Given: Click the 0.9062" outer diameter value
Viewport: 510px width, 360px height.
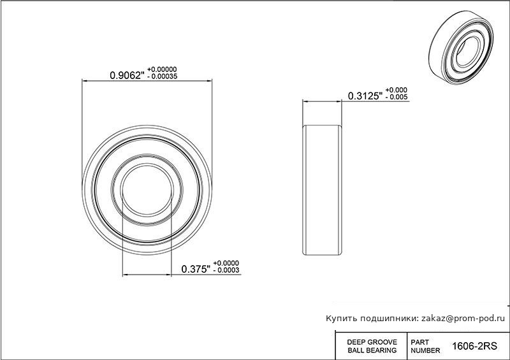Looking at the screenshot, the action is click(x=127, y=75).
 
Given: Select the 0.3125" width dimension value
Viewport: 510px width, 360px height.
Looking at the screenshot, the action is click(x=365, y=96).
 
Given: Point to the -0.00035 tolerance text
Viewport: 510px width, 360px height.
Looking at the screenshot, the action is click(x=162, y=76).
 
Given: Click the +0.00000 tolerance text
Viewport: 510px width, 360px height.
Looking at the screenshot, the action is click(x=162, y=69).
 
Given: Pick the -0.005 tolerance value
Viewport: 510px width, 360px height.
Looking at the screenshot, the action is click(x=396, y=97).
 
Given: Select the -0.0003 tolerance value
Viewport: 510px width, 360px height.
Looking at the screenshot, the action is click(x=226, y=270).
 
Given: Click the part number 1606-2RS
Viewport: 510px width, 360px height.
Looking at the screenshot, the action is click(x=474, y=346).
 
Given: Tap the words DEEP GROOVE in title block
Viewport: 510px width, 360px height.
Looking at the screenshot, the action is click(x=372, y=342).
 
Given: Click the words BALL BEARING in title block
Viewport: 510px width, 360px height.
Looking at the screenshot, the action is click(x=372, y=350).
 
